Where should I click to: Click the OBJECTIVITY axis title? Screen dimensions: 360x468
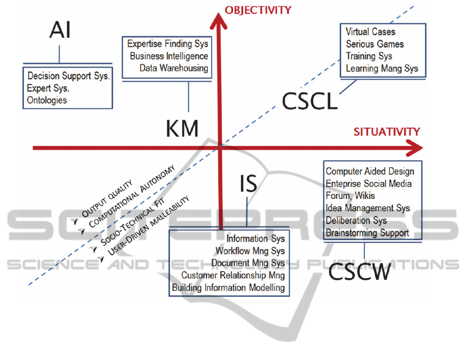(258, 10)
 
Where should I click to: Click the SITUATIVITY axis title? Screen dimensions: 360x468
(387, 132)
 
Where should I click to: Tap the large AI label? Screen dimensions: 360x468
(60, 31)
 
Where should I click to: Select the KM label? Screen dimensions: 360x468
(182, 128)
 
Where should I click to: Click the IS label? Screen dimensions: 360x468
(248, 183)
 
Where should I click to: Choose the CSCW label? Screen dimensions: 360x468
(359, 272)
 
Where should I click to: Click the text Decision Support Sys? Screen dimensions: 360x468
(69, 76)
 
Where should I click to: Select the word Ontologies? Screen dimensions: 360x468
(47, 100)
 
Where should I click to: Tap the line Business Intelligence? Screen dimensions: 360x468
(169, 56)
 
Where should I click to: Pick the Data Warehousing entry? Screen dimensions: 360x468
(173, 68)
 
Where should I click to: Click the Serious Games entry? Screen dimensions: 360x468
(375, 44)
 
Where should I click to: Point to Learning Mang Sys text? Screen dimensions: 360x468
(382, 68)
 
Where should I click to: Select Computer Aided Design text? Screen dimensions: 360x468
(370, 171)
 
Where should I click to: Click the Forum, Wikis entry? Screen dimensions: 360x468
(350, 196)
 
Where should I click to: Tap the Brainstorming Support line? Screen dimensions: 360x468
(367, 233)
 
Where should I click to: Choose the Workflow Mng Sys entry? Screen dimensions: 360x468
(250, 251)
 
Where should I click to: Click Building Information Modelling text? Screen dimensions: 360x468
(229, 287)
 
